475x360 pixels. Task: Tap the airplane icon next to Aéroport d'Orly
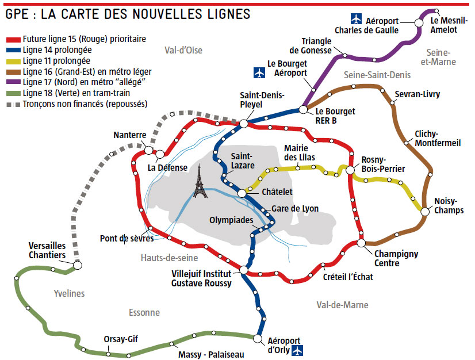297,350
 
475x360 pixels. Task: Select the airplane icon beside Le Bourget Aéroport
259,73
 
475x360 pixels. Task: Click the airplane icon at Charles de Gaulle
357,20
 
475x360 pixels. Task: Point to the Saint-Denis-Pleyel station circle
243,123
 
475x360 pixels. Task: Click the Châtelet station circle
242,193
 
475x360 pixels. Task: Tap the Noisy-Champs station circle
424,211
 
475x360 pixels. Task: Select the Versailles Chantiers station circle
78,265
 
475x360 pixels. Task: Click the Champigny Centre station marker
361,243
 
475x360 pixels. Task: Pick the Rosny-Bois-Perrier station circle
350,170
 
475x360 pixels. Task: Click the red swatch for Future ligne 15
14,40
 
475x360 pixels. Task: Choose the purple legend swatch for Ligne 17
14,83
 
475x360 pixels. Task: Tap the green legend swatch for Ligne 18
14,94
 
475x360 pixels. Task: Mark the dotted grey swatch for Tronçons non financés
14,105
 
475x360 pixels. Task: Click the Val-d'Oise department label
183,50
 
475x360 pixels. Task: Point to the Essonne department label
144,312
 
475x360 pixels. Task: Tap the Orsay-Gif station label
120,339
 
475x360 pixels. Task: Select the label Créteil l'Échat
348,277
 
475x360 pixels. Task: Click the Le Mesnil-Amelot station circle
436,10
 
